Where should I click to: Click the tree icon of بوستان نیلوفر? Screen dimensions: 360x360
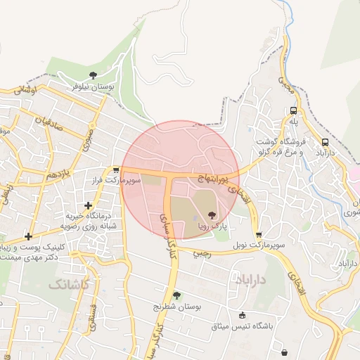[92, 75]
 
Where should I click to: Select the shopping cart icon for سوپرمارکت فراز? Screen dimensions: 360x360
[115, 170]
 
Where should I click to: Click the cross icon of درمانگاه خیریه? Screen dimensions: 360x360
[88, 205]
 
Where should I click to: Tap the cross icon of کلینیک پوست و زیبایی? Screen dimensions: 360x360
[28, 236]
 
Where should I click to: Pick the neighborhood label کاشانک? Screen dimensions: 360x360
[69, 284]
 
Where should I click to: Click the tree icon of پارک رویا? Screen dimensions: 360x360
[212, 215]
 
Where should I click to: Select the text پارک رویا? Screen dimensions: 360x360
[212, 226]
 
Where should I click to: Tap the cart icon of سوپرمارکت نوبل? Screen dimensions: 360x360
[259, 235]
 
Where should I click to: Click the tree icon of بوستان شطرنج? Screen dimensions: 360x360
[176, 296]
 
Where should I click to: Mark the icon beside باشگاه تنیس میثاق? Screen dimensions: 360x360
[243, 315]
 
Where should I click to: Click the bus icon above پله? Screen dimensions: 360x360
[293, 110]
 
